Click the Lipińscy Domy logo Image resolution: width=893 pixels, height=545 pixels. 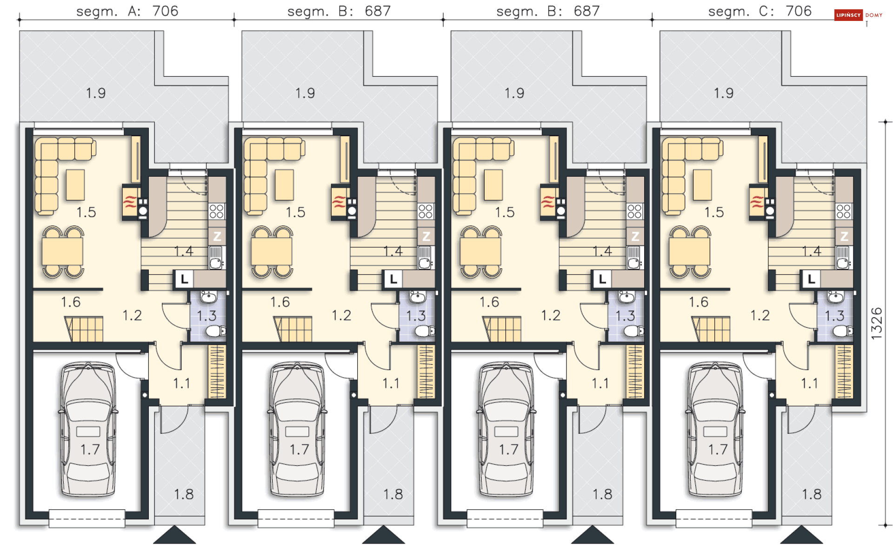pos(858,15)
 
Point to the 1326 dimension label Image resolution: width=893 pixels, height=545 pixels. pos(876,324)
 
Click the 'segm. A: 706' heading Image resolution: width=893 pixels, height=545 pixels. pos(127,11)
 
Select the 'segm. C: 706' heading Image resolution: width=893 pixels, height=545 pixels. pos(760,11)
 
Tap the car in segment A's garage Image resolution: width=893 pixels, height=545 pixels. pos(88,430)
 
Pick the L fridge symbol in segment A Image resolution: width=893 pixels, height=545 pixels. pos(184,279)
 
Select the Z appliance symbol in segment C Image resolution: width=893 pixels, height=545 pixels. pos(844,236)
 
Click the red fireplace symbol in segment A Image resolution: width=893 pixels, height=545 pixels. pos(130,202)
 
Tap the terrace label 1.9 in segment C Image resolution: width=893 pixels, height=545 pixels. pos(724,93)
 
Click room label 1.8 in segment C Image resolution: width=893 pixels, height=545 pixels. pos(812,494)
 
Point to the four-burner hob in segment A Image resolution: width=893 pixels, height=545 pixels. pos(217,211)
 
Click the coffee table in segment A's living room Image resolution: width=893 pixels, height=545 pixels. pos(75,185)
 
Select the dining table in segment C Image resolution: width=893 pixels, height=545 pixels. pos(690,252)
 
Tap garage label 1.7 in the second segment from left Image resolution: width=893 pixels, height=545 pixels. pos(299,449)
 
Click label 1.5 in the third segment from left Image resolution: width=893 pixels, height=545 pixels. pos(505,212)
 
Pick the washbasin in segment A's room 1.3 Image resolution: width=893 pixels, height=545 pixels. pos(208,297)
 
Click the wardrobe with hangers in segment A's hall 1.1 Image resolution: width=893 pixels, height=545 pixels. pos(217,371)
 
